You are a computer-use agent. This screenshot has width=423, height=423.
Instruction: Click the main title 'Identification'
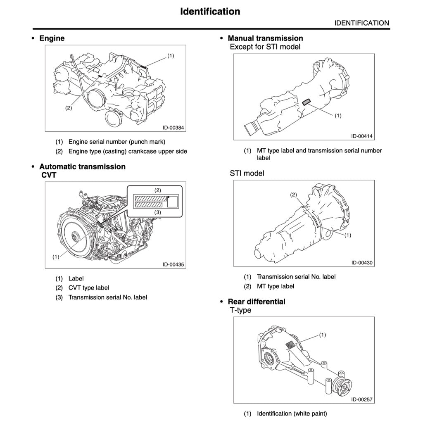[x=210, y=11]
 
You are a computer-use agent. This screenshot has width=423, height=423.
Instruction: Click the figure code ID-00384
[x=170, y=128]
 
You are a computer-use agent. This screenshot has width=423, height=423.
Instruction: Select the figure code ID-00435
[x=170, y=265]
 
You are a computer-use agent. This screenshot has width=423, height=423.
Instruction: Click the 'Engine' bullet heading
[x=52, y=38]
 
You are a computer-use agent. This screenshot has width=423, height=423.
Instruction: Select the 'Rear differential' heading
[x=256, y=302]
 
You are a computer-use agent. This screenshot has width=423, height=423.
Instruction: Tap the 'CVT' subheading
[x=49, y=175]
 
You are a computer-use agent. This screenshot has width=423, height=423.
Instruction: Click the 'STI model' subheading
[x=247, y=173]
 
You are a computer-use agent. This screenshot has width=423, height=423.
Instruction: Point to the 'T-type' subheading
[x=240, y=310]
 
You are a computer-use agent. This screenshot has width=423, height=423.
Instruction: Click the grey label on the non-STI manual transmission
[x=307, y=102]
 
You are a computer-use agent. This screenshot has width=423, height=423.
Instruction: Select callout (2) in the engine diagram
[x=69, y=108]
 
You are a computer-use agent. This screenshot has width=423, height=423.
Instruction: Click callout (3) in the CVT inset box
[x=157, y=212]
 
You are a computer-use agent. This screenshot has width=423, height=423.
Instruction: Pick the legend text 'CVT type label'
[x=88, y=288]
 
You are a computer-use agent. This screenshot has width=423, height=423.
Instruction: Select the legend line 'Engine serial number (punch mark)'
[x=116, y=142]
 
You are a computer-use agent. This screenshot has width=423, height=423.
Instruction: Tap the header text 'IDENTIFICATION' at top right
[x=361, y=23]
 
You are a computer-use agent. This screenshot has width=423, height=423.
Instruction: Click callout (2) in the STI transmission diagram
[x=294, y=195]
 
